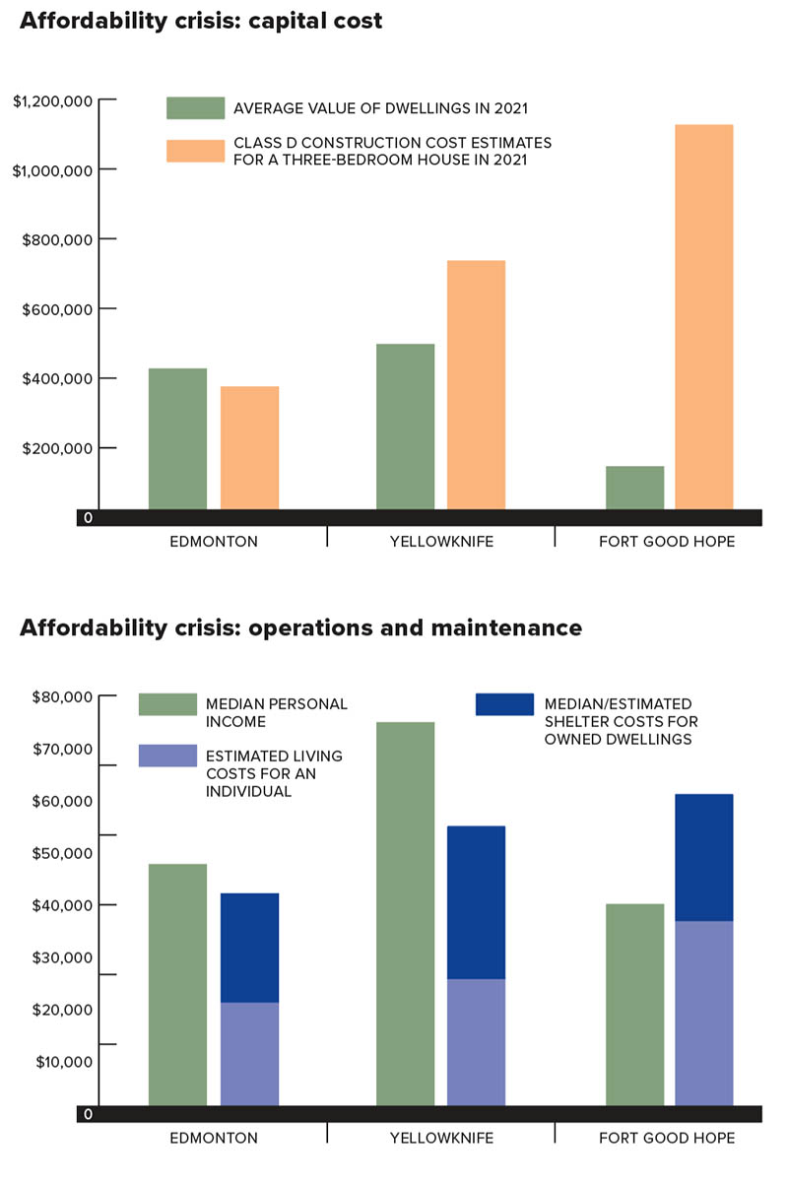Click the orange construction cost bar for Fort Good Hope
(703, 316)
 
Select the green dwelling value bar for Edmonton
(177, 438)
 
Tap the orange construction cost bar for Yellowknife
(476, 384)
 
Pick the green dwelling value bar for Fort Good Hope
(634, 488)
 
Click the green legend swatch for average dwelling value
(195, 108)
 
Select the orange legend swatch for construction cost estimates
(195, 151)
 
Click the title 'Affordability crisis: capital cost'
(201, 21)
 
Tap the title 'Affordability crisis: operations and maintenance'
(300, 627)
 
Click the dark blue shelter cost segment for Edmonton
(249, 948)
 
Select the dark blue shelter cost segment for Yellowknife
(476, 902)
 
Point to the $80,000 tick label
(61, 697)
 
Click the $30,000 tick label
(61, 957)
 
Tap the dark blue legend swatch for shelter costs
(503, 704)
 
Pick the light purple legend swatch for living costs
(167, 756)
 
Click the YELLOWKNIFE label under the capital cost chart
(441, 542)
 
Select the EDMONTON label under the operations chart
(213, 1138)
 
